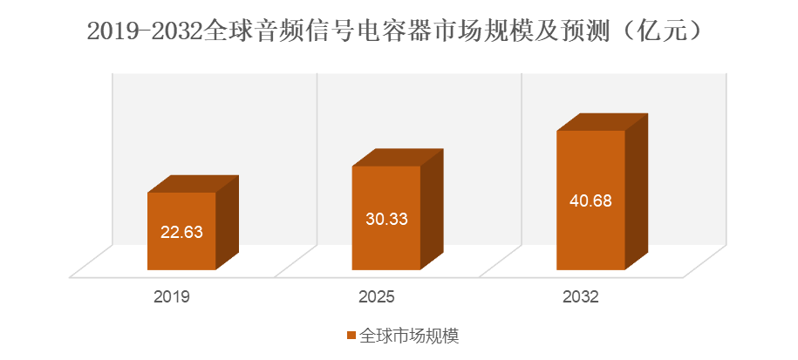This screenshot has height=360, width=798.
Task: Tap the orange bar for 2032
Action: pos(590,235)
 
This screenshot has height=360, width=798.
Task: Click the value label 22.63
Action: pos(181,232)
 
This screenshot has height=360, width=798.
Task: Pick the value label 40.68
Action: pos(590,200)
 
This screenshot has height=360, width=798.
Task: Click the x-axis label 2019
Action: pos(172,297)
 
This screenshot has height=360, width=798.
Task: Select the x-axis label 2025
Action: pos(377,297)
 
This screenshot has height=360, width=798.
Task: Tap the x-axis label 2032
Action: pos(582,297)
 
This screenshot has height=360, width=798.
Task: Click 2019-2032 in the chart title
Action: pos(144,32)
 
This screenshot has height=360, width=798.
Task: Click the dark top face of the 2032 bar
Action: pos(603,122)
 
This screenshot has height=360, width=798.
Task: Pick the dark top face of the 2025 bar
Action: pos(398,157)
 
